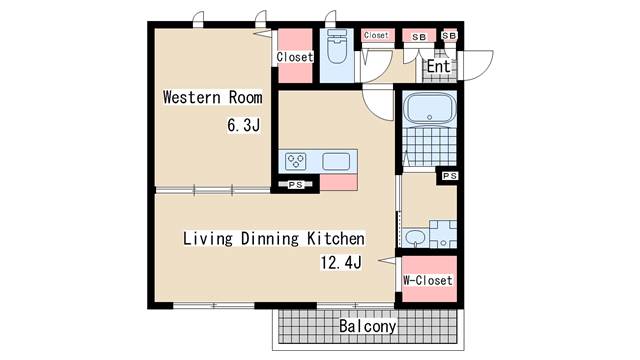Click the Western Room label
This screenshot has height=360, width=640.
[212, 97]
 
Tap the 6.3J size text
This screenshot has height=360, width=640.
[244, 125]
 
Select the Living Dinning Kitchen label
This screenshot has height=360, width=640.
[273, 238]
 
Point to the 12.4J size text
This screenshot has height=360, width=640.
[341, 262]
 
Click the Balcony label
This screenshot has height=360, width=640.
[368, 326]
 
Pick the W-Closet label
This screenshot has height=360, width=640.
[428, 280]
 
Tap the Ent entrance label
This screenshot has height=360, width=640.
[439, 66]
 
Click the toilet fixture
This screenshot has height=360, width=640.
[337, 47]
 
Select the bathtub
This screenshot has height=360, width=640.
[429, 108]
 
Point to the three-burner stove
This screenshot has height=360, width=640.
[296, 161]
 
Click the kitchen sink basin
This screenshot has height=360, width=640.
[336, 161]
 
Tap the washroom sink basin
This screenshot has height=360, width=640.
[415, 238]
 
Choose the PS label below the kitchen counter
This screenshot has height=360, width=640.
[296, 185]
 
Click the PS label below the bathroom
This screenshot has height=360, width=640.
[450, 176]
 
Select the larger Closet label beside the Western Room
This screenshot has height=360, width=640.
[295, 57]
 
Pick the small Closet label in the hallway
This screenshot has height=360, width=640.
[376, 35]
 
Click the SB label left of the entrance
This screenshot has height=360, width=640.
[419, 37]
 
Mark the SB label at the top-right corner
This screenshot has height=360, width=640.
[449, 36]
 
